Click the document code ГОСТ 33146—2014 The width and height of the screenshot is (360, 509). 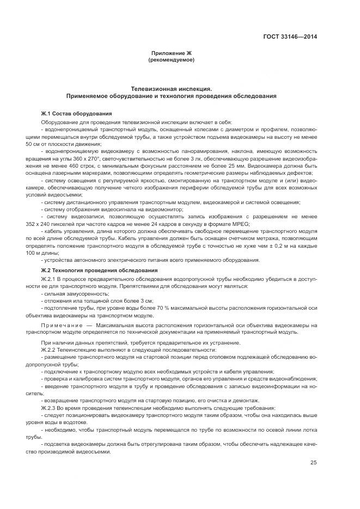point(291,37)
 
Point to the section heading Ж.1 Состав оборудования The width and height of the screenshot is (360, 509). point(76,113)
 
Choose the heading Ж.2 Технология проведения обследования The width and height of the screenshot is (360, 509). point(99,271)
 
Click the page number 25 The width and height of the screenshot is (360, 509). point(314,463)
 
